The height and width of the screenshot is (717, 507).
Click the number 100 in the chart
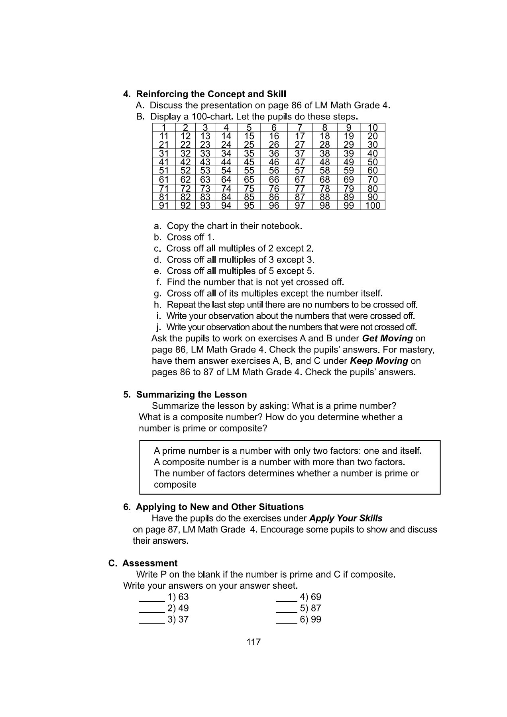373,206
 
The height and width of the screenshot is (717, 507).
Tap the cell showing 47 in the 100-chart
300,162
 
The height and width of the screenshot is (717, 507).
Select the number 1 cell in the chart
164,128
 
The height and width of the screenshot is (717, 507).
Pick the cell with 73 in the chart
205,188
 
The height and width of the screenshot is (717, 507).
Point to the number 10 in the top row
373,128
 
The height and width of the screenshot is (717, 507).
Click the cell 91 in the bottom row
164,206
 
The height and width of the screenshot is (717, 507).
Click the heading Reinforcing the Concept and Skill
211,94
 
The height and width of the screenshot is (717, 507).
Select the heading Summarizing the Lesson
191,394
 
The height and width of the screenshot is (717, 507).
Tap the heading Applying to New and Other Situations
219,507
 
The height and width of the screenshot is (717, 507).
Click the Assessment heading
149,563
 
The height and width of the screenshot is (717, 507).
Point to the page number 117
253,642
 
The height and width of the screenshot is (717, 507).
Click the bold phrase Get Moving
387,338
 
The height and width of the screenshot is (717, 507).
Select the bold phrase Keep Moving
379,361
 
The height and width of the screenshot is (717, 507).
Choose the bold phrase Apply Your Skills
346,518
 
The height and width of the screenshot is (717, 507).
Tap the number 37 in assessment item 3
183,619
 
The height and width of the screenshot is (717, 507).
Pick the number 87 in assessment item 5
316,608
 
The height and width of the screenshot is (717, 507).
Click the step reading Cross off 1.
191,237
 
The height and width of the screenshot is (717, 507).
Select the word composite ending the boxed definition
175,484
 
